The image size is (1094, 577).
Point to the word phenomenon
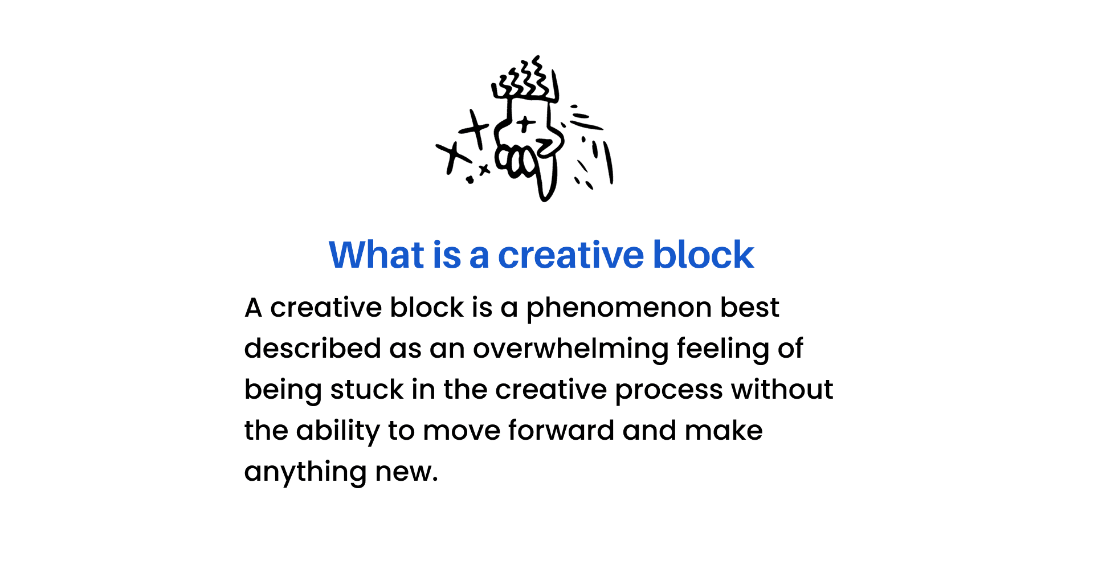[619, 309]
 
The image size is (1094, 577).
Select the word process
[669, 391]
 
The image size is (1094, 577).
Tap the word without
[782, 390]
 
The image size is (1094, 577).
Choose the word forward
[561, 430]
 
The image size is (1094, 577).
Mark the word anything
[305, 472]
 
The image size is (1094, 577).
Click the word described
[312, 348]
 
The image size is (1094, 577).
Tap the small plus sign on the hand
[525, 122]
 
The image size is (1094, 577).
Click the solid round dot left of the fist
[470, 179]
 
